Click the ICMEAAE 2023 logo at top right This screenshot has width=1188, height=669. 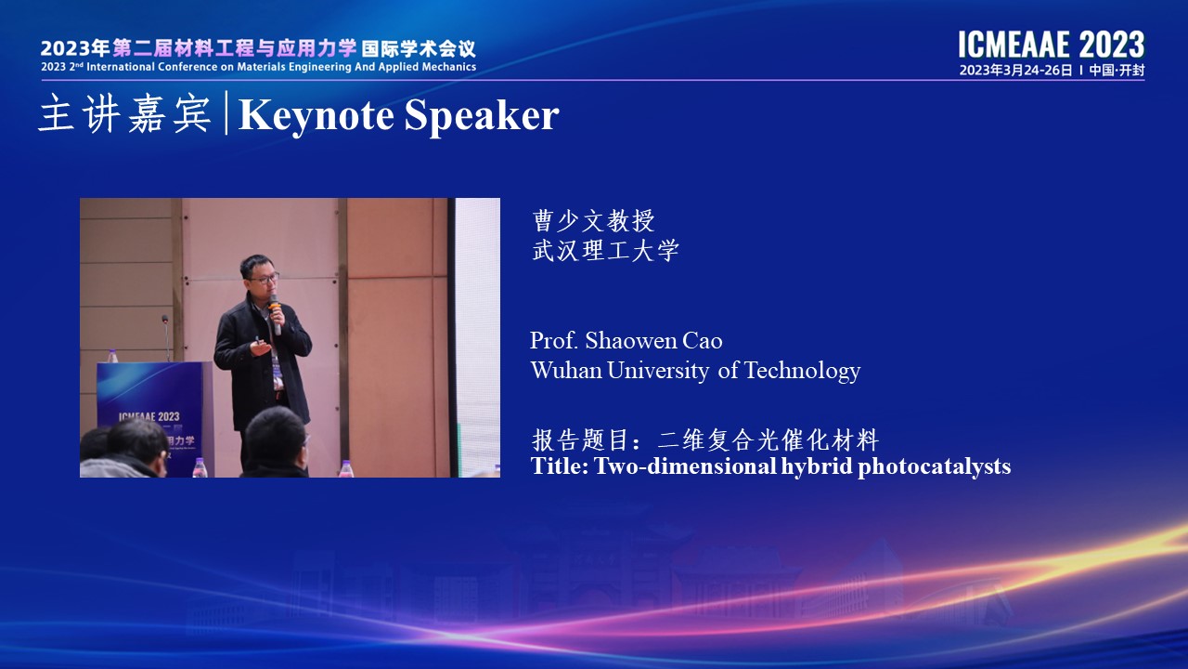1052,45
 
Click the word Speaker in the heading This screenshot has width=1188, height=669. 482,116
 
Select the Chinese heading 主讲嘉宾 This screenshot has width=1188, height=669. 125,113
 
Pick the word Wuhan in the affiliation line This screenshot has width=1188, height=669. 566,370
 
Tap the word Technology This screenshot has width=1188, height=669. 803,371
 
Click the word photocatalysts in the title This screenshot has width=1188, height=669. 934,466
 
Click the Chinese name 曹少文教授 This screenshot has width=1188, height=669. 593,221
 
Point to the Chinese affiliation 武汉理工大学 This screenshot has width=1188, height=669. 606,250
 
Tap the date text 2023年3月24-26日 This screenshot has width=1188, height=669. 1015,71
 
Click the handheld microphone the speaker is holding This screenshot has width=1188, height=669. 274,314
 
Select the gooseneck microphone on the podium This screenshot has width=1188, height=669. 166,337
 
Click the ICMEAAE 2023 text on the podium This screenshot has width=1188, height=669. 149,416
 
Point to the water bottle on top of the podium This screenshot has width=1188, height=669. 112,356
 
